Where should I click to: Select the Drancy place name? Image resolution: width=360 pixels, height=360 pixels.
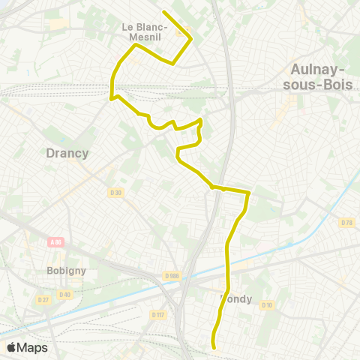(x=67, y=153)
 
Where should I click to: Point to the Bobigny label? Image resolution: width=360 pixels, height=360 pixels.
(x=67, y=270)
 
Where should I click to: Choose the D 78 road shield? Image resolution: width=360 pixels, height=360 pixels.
(x=346, y=222)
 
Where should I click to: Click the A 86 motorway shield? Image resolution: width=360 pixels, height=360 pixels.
(x=56, y=241)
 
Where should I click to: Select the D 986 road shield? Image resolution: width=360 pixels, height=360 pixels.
(x=172, y=276)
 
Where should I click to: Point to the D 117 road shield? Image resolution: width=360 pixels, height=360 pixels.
(x=157, y=315)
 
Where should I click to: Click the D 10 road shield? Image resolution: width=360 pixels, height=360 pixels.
(x=266, y=304)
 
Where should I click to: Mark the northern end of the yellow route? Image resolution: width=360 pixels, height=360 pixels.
(x=163, y=12)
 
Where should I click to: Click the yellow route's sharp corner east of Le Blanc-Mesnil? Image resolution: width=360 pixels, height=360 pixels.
(x=191, y=38)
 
